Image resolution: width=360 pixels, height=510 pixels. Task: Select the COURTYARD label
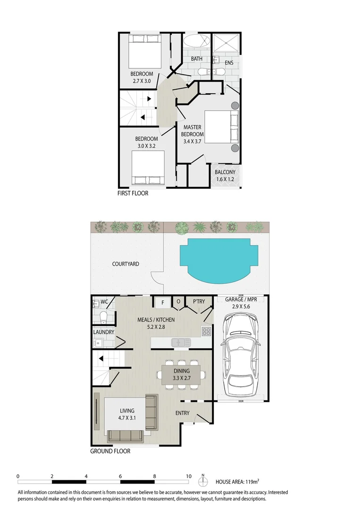(126, 264)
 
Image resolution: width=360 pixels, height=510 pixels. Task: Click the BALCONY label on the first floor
(225, 172)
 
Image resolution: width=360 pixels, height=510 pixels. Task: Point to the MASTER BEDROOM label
(193, 131)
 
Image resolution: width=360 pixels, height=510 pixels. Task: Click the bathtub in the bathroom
(196, 41)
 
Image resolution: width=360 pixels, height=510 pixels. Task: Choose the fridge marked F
(163, 303)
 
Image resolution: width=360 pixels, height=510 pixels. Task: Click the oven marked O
(178, 301)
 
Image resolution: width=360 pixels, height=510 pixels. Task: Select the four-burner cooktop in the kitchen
(206, 331)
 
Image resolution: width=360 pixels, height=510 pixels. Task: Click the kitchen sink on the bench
(181, 342)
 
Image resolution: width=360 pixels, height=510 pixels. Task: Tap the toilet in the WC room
(103, 316)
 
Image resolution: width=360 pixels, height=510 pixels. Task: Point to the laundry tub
(98, 342)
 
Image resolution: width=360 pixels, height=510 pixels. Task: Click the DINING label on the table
(182, 371)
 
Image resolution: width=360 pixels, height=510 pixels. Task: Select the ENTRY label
(182, 413)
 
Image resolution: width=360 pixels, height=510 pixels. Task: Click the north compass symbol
(203, 481)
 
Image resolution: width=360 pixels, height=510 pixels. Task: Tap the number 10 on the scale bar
(189, 476)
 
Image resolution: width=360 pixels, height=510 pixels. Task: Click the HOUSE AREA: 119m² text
(237, 482)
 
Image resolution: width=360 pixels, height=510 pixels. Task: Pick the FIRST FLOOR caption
(133, 193)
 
